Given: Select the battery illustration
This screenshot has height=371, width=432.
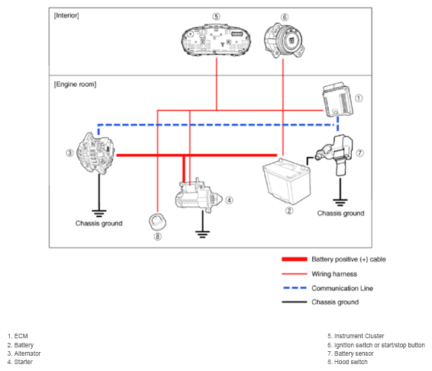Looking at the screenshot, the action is (287, 181).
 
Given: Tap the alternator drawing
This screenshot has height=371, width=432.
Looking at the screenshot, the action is (95, 153).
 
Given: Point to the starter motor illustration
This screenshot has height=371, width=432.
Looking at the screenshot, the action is (198, 196).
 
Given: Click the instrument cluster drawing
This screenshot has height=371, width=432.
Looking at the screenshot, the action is (216, 40).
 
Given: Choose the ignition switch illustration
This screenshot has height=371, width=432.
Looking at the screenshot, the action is (284, 40).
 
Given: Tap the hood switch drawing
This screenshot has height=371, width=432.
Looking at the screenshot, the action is (157, 222).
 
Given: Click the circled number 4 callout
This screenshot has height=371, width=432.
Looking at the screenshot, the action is (229, 200).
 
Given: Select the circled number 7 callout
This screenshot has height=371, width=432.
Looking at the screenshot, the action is (359, 153).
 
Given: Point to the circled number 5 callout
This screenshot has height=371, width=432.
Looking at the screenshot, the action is (216, 17).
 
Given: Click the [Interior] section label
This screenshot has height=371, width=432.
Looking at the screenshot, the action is (66, 15).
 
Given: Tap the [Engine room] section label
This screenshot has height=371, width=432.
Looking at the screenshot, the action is (76, 84).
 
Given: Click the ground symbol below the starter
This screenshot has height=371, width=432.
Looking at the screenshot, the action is (202, 235).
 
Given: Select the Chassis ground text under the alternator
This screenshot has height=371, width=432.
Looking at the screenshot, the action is (99, 223).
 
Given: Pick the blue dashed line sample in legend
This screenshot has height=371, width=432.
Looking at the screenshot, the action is (295, 288).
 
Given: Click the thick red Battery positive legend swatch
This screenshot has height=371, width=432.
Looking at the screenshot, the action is (295, 259).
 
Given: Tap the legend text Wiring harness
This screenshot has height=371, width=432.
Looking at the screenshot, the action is (334, 274).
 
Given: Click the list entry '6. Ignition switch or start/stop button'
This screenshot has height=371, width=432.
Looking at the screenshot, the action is (376, 345).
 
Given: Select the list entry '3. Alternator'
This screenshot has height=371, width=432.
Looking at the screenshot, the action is (24, 353).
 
